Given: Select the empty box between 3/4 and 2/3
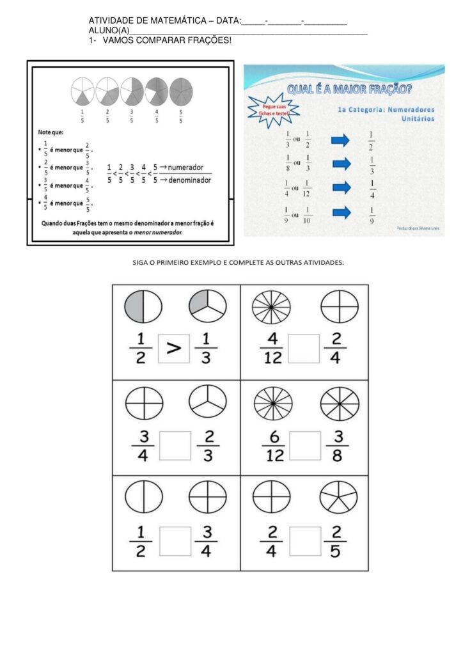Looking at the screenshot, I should click(175, 445).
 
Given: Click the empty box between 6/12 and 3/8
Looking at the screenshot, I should click(304, 445).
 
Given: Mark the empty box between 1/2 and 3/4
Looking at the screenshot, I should click(175, 541).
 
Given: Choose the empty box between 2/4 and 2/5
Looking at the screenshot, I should click(304, 541).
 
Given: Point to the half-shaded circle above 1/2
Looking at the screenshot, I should click(143, 306).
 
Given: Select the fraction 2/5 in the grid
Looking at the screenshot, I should click(337, 541).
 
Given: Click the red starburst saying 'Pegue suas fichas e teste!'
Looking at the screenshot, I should click(272, 111).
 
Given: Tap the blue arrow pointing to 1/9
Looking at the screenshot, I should click(341, 212).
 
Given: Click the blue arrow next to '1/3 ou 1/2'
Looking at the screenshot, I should click(341, 140).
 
